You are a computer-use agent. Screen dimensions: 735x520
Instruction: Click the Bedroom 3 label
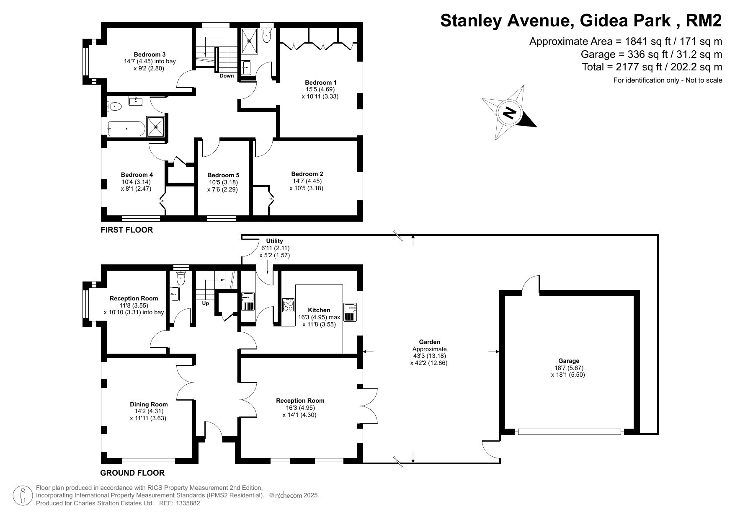click(x=150, y=54)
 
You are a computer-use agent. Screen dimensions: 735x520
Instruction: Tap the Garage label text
click(x=569, y=361)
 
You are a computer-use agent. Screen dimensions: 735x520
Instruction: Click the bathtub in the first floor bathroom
click(x=126, y=128)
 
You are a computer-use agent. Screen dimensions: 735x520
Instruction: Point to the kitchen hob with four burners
click(x=289, y=305)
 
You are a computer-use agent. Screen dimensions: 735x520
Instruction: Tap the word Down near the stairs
click(x=227, y=76)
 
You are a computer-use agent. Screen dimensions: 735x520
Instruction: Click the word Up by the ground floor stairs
click(x=206, y=303)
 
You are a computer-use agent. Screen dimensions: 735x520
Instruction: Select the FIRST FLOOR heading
click(x=126, y=230)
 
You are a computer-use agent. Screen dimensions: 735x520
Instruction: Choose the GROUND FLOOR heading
click(x=132, y=473)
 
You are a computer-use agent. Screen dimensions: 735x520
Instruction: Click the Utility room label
click(x=275, y=241)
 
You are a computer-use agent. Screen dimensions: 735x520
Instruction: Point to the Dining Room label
click(x=149, y=404)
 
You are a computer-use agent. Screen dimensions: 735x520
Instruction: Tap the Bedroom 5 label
click(x=223, y=175)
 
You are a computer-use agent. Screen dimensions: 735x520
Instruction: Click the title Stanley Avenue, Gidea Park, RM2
click(x=581, y=20)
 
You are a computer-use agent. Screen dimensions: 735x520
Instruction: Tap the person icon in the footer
click(x=23, y=495)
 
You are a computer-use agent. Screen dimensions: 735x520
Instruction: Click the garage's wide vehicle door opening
click(x=570, y=432)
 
